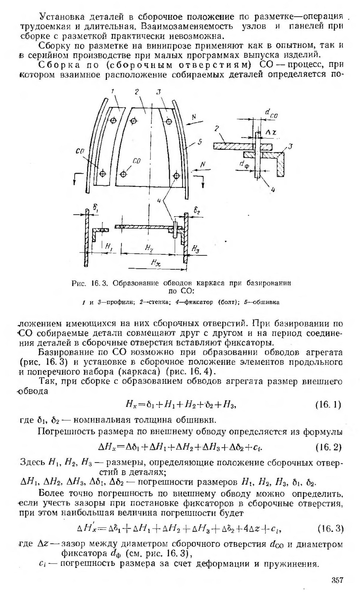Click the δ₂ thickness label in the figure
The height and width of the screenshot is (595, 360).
click(x=197, y=212)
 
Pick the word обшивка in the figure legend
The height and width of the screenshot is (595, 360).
click(x=266, y=302)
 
